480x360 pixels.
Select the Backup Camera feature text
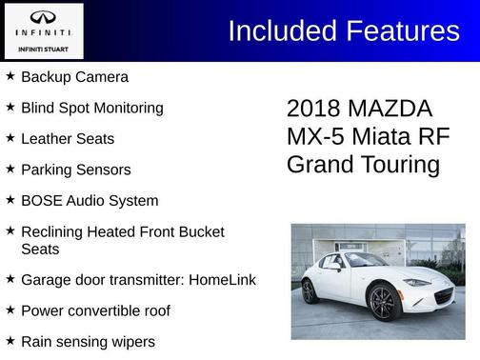tap(74, 76)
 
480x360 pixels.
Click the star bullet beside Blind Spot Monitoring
tap(10, 108)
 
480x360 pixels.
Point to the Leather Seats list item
tap(67, 139)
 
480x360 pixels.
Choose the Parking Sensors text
tap(75, 170)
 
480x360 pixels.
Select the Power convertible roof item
tap(95, 310)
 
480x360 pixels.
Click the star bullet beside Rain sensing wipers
tap(10, 341)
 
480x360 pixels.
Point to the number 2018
tap(314, 109)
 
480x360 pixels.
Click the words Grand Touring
tap(363, 165)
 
